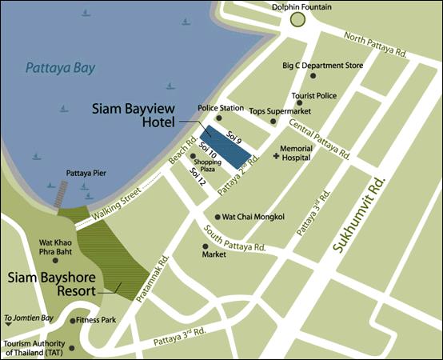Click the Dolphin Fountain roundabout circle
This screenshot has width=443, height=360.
[x=298, y=19]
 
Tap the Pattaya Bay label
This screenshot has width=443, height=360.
[x=59, y=68]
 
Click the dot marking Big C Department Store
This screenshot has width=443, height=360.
[x=313, y=76]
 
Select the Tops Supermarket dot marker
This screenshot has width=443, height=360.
[x=273, y=122]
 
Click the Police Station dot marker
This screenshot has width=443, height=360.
[x=218, y=118]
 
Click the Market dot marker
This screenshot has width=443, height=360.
[x=205, y=246]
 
